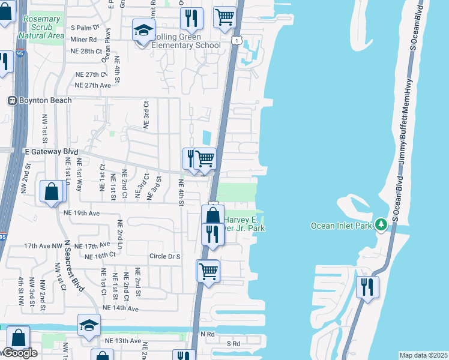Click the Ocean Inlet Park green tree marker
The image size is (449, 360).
click(x=381, y=224)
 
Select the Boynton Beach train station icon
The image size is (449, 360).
click(x=11, y=100)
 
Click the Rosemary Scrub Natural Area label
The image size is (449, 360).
click(x=41, y=28)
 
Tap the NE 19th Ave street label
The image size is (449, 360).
click(x=80, y=213)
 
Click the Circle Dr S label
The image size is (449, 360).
click(x=165, y=256)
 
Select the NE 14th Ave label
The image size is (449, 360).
click(x=120, y=308)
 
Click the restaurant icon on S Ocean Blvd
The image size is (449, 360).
click(x=367, y=286)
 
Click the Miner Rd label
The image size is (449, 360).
click(x=84, y=39)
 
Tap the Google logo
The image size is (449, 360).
click(x=19, y=353)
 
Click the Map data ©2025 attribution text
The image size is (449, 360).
click(x=423, y=355)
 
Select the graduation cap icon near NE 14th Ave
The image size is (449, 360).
click(x=89, y=325)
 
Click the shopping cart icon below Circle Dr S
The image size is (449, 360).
click(x=208, y=271)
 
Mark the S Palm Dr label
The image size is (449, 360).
click(x=85, y=28)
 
